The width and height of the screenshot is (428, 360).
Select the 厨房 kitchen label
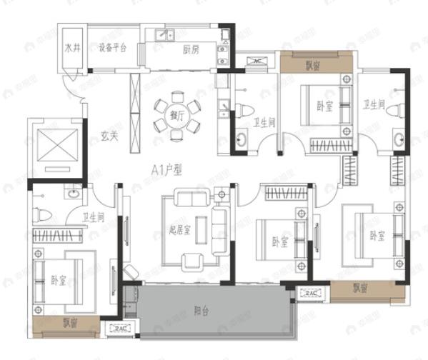(x=190, y=49)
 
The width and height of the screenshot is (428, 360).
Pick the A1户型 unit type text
(x=167, y=170)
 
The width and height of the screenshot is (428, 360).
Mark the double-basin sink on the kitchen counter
(x=162, y=34)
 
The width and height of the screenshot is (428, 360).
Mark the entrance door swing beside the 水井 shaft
(x=71, y=91)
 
